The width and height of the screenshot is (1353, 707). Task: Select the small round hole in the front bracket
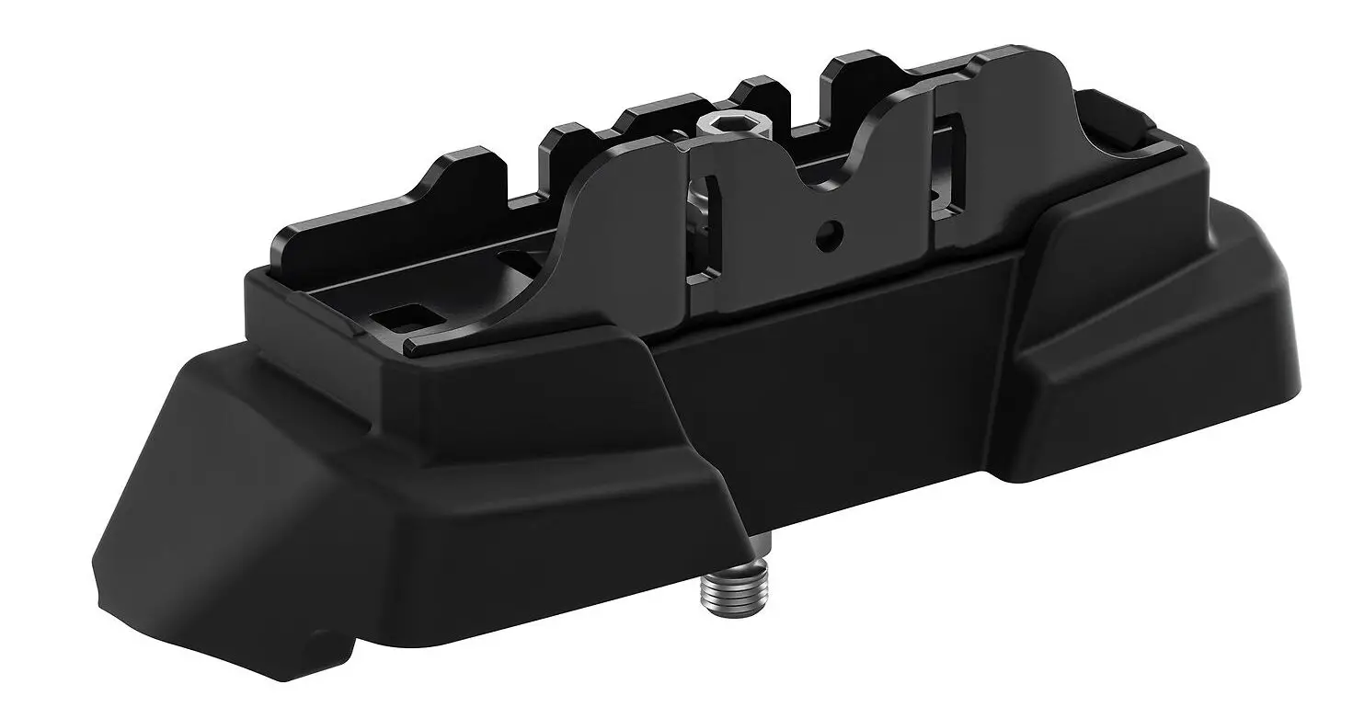pos(831,230)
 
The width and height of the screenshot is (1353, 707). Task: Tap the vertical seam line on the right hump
pos(934,175)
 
